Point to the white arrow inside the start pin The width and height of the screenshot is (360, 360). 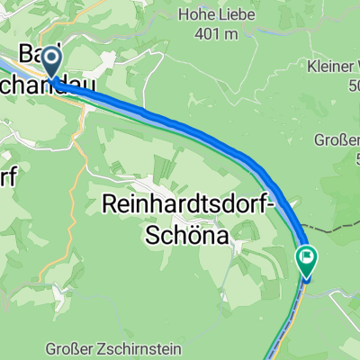tap(51, 61)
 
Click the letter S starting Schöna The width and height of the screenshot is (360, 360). tap(152, 233)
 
